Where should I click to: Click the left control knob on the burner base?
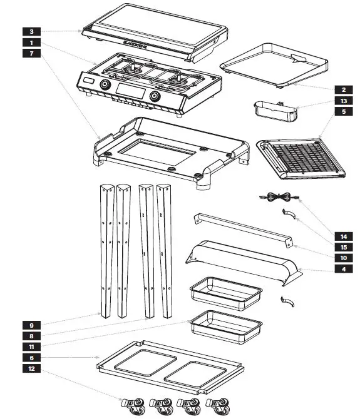click(x=105, y=86)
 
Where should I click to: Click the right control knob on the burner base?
click(x=155, y=97)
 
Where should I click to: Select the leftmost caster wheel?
click(x=132, y=406)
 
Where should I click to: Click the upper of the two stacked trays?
click(x=225, y=292)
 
